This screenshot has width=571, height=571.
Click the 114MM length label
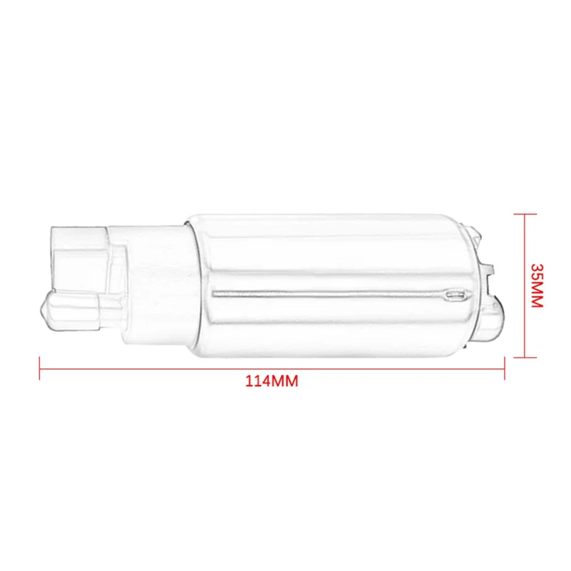pos(271,381)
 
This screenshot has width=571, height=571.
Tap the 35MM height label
pos(537,285)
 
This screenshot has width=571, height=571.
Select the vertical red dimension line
pos(525,285)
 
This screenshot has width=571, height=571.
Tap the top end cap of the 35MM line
pos(525,213)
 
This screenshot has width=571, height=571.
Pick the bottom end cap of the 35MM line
pos(525,357)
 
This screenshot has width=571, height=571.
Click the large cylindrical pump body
pos(328,285)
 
